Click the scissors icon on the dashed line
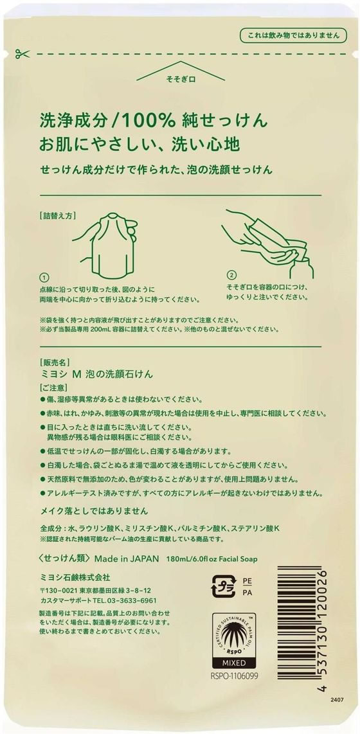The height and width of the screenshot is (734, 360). point(21,54)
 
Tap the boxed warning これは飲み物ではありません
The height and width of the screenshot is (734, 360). point(293,35)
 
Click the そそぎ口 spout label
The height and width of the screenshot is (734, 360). point(180,80)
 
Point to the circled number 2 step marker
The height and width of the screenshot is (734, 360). point(231,275)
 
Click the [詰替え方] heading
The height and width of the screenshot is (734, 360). point(59,217)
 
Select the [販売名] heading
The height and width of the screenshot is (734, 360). point(55,363)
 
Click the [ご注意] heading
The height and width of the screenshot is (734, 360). point(55,388)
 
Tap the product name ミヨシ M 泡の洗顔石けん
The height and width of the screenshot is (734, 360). point(97,375)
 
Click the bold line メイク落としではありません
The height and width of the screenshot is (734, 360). point(94,510)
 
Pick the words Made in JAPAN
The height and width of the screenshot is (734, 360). point(127,559)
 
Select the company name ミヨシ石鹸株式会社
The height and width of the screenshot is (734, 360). point(75,576)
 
